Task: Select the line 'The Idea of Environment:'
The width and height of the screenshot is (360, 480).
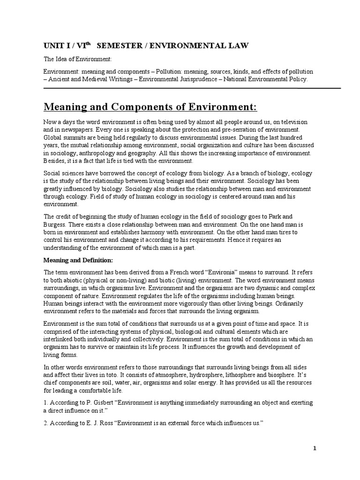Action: tap(77, 60)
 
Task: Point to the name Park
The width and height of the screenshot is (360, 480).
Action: tap(284, 217)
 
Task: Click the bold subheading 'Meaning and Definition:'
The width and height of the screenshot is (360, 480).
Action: tap(78, 260)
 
